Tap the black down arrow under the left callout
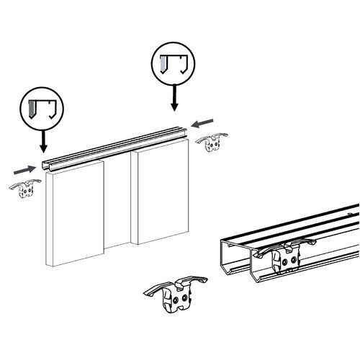(x=43, y=140)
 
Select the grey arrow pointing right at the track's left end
(x=24, y=170)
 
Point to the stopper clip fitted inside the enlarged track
(x=284, y=256)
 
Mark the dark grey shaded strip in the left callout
(x=33, y=110)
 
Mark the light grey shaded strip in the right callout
(x=165, y=64)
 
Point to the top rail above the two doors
(x=115, y=147)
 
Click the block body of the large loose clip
(x=177, y=299)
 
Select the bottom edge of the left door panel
(x=76, y=264)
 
